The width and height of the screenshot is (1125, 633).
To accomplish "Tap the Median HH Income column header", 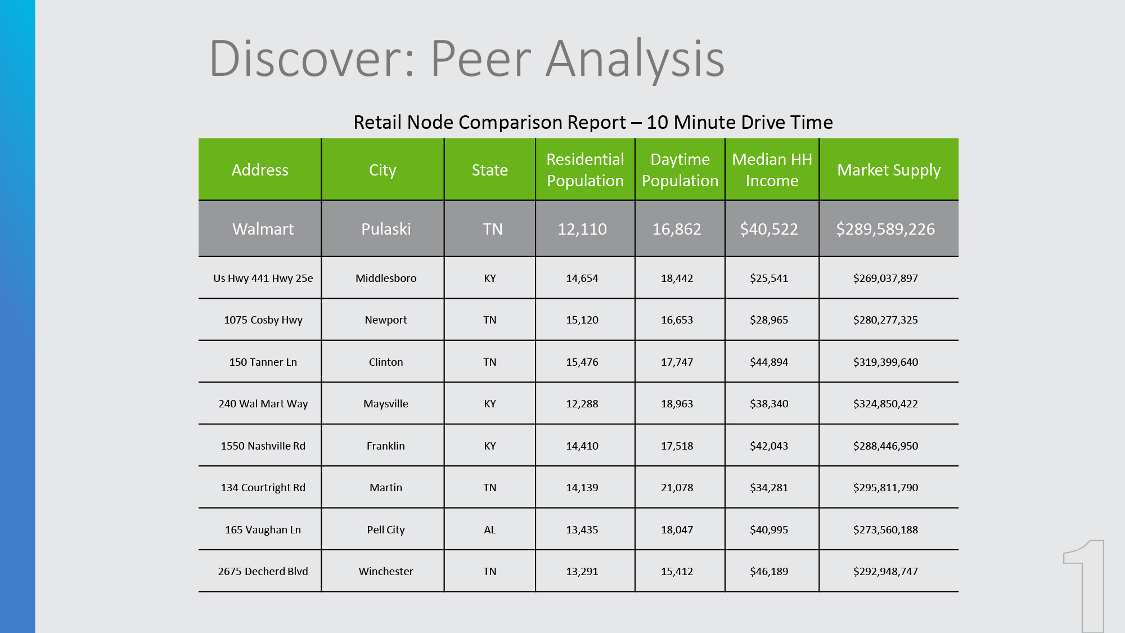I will point(772,170).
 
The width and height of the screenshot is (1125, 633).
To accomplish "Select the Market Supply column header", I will point(889,170).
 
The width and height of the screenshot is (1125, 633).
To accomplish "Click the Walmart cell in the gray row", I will point(263,229).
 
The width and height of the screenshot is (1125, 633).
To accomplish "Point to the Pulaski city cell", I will point(386,229).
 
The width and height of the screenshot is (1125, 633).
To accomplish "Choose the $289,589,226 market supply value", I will point(885,229).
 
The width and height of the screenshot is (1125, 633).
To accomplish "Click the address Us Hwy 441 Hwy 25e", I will point(263,278).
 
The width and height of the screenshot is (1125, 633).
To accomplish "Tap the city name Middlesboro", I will point(386,278).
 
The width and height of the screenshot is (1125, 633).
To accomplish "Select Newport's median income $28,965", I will point(769,320).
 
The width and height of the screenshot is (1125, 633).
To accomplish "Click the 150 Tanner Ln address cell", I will point(263,362).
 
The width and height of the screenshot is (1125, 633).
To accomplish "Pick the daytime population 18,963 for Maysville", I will point(677,403).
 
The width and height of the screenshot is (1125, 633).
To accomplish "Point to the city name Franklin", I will point(386,446).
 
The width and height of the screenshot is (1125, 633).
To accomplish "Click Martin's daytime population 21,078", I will point(677,487).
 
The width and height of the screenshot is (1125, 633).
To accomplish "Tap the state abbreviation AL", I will point(490,529).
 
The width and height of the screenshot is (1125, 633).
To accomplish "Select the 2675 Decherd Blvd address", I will point(263,571).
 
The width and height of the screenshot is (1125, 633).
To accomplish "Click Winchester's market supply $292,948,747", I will point(885,571).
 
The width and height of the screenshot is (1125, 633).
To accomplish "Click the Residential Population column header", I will point(585,170).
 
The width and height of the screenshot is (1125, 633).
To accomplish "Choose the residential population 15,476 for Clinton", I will point(582,362).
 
